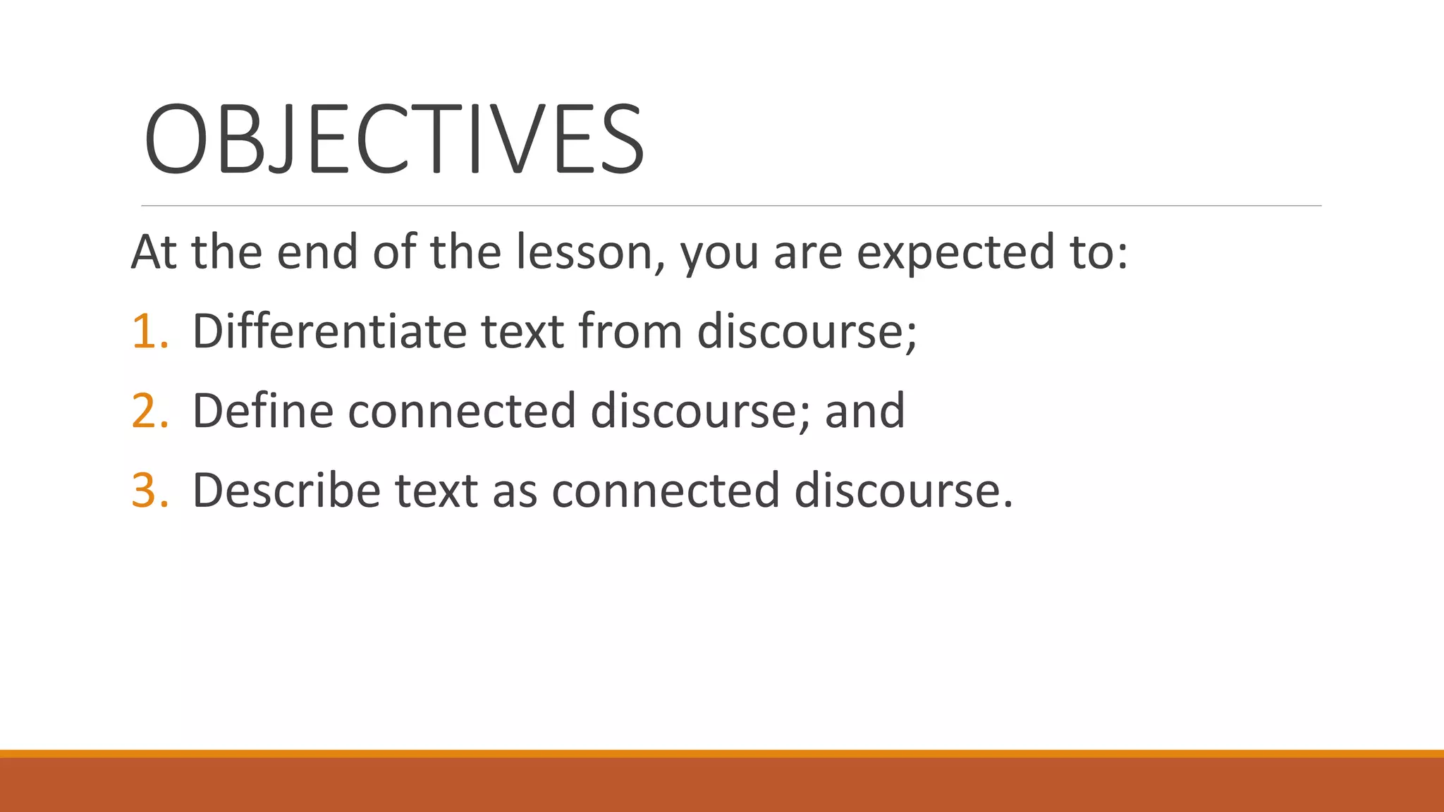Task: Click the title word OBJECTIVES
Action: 393,139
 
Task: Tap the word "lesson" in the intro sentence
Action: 589,252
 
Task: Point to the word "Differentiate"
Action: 329,331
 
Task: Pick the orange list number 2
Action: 149,412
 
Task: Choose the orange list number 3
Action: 149,491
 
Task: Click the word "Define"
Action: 262,410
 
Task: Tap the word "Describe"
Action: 286,490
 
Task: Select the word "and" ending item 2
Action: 864,412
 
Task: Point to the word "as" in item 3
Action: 515,491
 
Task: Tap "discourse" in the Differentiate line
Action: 806,332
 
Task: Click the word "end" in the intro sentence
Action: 317,252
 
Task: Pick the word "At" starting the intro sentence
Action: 154,252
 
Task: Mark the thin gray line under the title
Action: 731,206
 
